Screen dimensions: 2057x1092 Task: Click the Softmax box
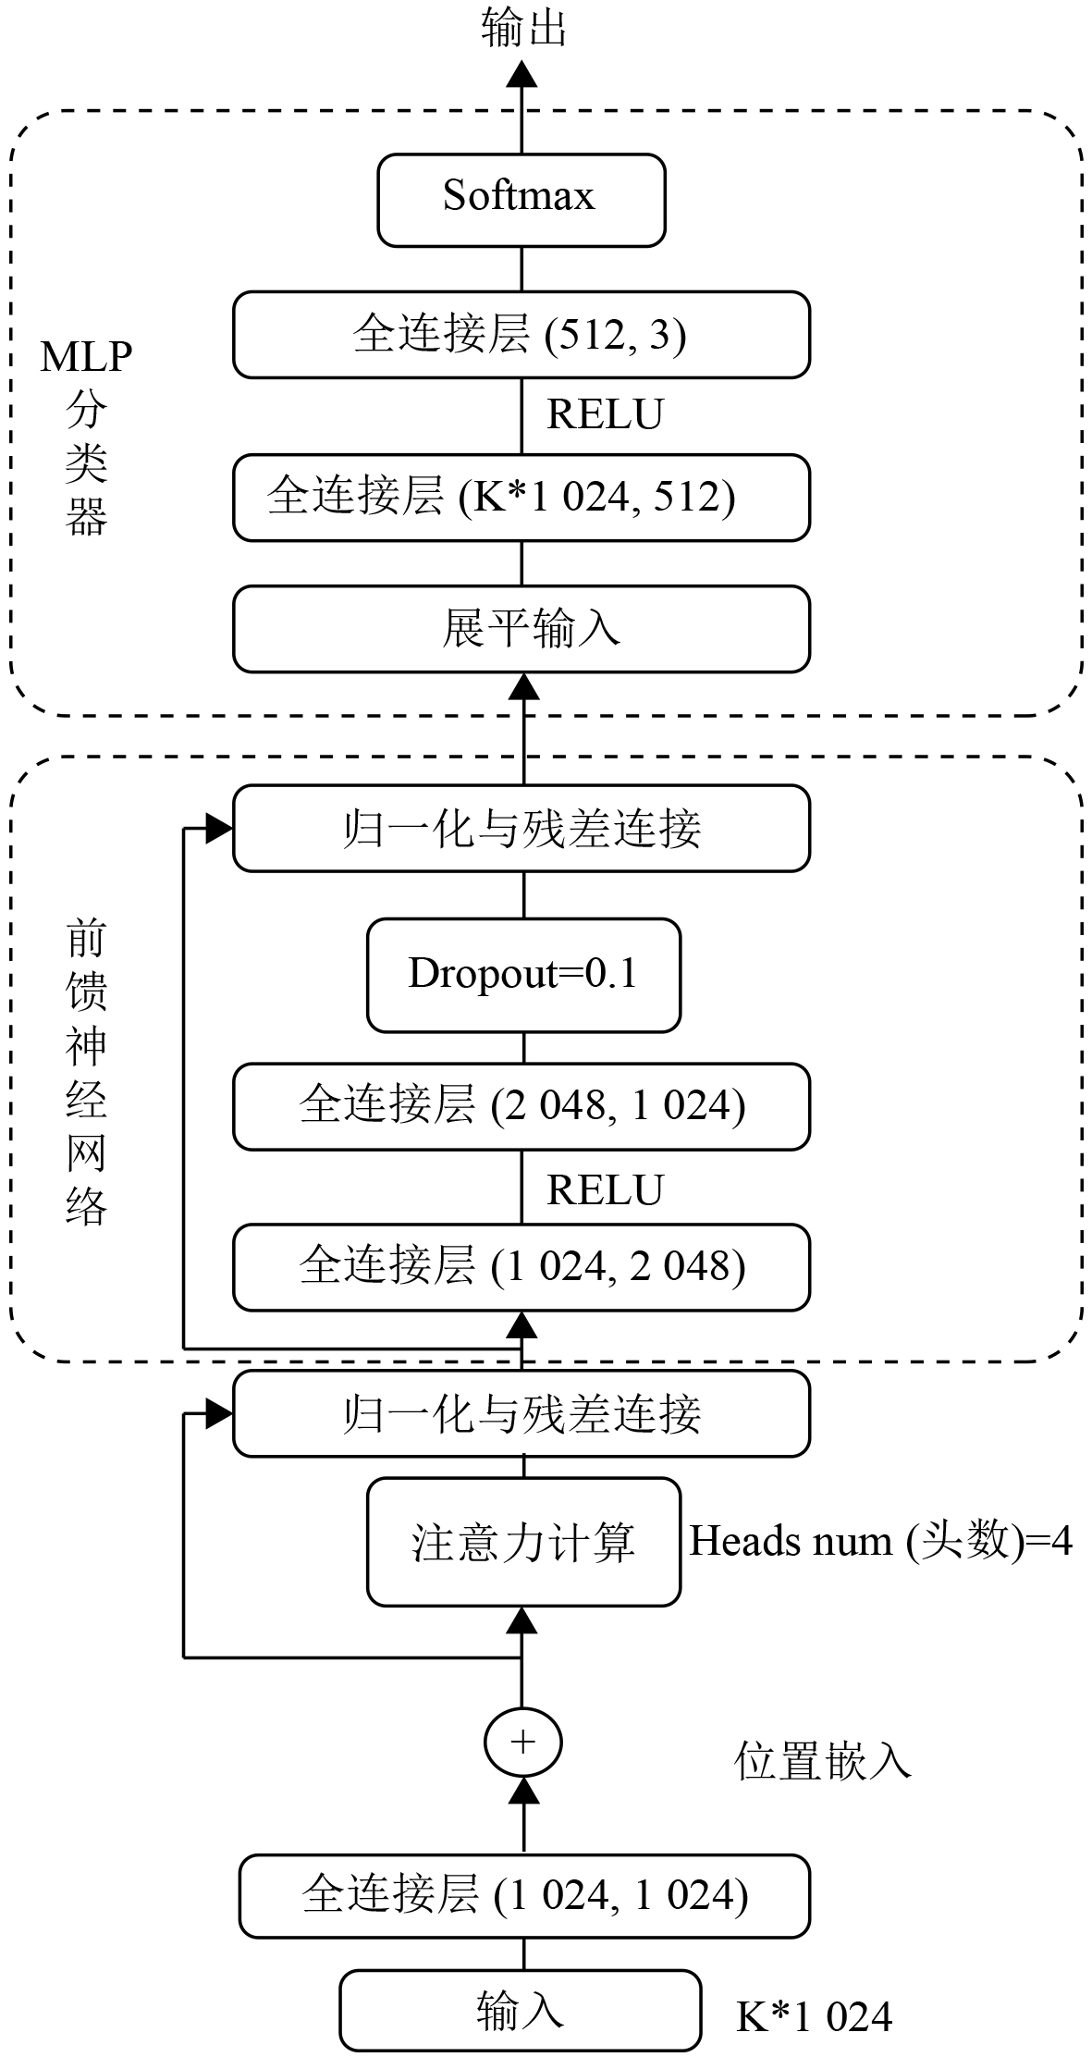click(x=521, y=200)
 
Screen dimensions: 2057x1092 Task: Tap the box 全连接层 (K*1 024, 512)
click(x=521, y=498)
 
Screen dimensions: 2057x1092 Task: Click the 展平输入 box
click(x=521, y=629)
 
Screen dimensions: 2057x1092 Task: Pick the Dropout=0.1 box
click(x=523, y=975)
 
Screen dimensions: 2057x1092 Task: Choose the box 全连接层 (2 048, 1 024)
click(x=521, y=1106)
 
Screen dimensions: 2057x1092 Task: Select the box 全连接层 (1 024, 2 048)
click(x=521, y=1267)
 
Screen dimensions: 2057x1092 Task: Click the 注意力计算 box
click(x=523, y=1543)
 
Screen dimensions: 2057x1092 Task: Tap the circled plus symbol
click(x=523, y=1742)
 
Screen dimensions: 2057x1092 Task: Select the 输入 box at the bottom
click(x=520, y=2010)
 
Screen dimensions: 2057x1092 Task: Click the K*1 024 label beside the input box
click(x=814, y=2017)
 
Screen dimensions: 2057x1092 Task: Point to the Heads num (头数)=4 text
click(x=880, y=1542)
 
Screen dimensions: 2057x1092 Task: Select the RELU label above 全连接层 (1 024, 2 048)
click(x=605, y=1190)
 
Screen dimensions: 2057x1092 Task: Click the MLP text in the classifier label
click(x=86, y=357)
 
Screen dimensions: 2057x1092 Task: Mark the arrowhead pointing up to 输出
click(x=522, y=74)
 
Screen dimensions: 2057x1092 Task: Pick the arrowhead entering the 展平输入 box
click(x=524, y=686)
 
